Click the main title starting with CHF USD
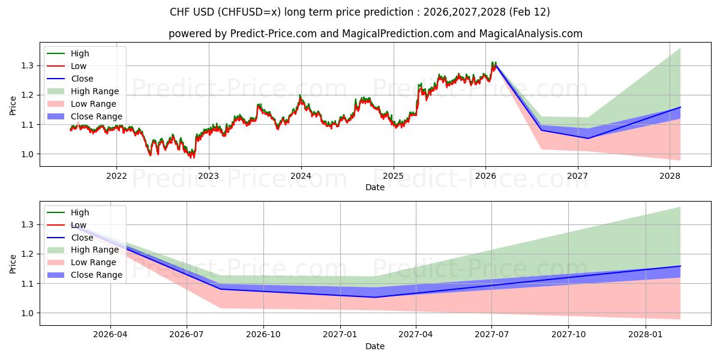coord(359,12)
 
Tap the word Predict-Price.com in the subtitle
coord(273,34)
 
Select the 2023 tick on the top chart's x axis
coord(209,176)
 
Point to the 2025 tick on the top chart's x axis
coord(394,176)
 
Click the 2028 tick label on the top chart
coord(670,176)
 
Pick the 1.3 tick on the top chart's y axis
coord(28,65)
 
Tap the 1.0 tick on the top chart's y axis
coord(28,154)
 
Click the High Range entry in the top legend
coord(95,91)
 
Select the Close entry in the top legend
coord(82,79)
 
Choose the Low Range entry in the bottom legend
coord(94,263)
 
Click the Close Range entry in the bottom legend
coord(96,275)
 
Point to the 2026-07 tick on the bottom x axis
coord(187,335)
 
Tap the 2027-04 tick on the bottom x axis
coord(416,335)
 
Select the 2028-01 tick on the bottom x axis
coord(646,335)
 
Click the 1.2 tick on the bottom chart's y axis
coord(28,254)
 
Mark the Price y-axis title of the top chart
coord(13,106)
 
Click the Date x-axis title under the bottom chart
coord(375,346)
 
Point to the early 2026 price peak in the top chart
coord(493,62)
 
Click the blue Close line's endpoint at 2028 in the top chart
coord(680,107)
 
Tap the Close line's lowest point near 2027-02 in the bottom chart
coord(375,297)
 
